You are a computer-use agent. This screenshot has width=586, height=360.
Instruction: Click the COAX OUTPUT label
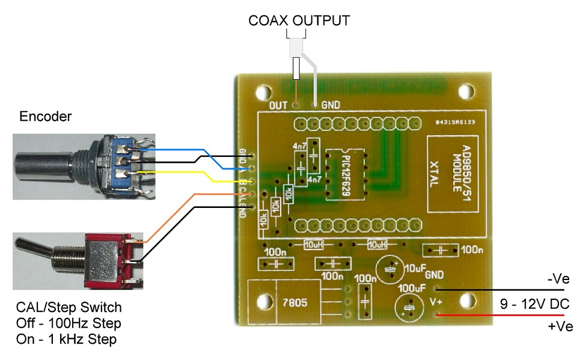tap(299, 21)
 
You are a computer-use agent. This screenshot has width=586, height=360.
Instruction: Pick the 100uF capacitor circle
tap(409, 309)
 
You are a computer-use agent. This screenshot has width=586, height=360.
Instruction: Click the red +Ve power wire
tap(505, 314)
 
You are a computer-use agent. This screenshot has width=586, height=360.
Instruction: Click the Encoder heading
tap(46, 117)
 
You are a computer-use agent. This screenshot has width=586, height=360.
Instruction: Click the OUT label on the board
tap(278, 106)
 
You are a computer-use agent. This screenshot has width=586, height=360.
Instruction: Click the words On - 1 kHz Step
tap(66, 339)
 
